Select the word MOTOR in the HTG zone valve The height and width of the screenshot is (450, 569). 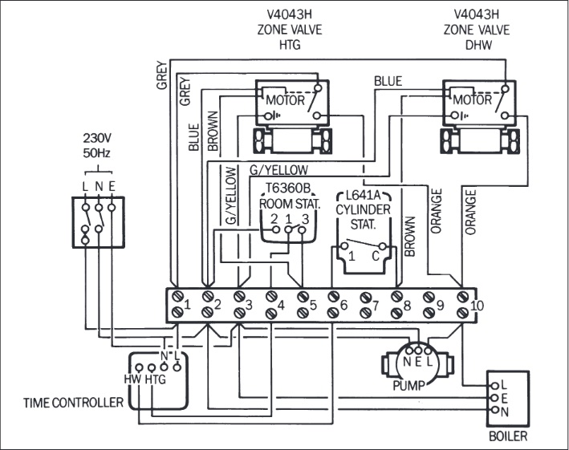click(x=285, y=101)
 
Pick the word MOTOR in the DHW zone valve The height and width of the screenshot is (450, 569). click(x=473, y=101)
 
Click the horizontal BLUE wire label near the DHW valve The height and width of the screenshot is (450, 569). click(x=388, y=81)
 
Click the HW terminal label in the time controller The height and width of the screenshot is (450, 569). click(x=132, y=379)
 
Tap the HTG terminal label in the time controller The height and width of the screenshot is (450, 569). click(x=155, y=379)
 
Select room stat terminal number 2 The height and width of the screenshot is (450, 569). click(x=274, y=219)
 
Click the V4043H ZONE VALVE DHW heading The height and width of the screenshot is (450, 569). click(x=476, y=25)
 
